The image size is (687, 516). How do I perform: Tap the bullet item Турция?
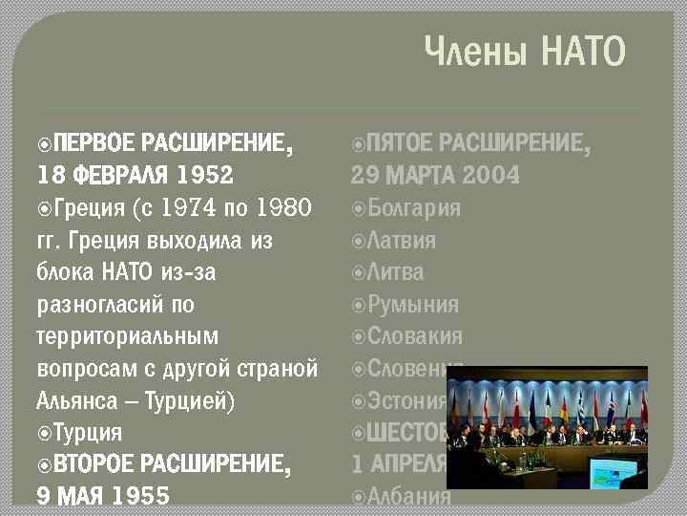point(87,432)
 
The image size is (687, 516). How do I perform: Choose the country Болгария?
point(413,208)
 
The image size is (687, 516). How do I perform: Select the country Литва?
point(395,272)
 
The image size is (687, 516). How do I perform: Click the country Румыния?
point(412,305)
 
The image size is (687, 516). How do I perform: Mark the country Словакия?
point(414,336)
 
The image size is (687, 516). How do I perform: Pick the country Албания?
point(408,496)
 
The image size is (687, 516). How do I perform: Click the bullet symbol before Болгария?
point(358,208)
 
